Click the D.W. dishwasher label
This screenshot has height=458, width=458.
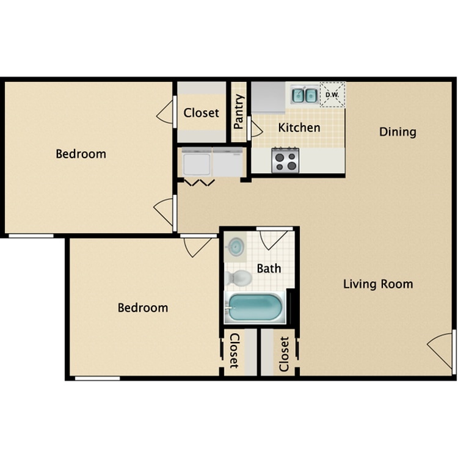pos(332,95)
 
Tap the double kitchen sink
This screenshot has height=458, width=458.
pos(305,95)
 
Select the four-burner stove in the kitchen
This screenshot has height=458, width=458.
pos(285,160)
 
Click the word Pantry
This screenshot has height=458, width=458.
pos(239,112)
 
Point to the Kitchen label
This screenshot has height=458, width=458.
pos(299,128)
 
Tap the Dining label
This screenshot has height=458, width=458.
pos(398,132)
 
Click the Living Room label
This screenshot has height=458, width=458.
pos(378,284)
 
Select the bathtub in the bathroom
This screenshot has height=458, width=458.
pos(255,307)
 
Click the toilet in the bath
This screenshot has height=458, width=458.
pos(238,278)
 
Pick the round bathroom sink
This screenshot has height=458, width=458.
pos(236,247)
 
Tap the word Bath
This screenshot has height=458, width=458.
pos(269,269)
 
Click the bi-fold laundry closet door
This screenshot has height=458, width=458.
pos(200,183)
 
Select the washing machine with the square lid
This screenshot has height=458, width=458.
pos(197,162)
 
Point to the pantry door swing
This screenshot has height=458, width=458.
pos(255,128)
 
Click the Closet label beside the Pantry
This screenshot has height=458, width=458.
pos(202,113)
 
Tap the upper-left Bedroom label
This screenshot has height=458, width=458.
pos(81,154)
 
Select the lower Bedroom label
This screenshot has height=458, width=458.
pos(143,308)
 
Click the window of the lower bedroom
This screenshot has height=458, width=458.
pos(98,378)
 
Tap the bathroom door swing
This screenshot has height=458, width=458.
pos(273,239)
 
